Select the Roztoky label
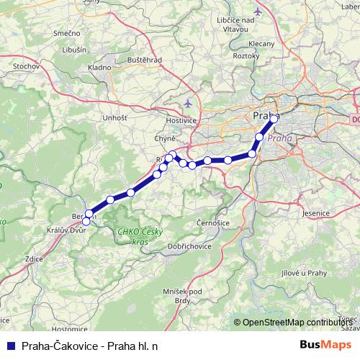point(246,55)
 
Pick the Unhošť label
point(115,117)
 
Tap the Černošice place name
point(212,224)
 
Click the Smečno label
point(66,32)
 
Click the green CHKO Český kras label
point(134,235)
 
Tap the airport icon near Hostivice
point(189,102)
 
